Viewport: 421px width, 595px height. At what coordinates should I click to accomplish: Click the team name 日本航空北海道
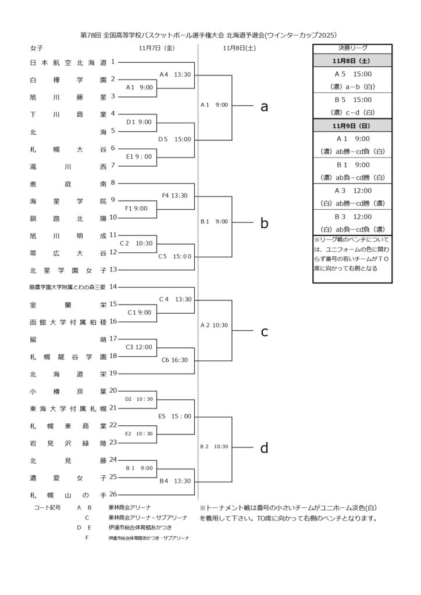point(67,62)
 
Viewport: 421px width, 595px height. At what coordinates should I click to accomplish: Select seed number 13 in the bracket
point(113,270)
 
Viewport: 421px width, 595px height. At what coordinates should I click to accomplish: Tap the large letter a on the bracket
point(264,106)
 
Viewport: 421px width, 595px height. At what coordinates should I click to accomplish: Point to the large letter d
point(264,447)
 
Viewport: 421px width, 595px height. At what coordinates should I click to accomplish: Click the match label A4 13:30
point(176,74)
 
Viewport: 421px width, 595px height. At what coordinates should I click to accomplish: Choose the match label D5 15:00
point(174,139)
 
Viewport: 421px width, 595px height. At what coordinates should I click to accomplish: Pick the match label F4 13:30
point(175,195)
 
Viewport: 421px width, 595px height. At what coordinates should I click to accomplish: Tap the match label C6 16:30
point(175,360)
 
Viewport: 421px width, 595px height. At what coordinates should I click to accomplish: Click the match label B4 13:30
point(175,481)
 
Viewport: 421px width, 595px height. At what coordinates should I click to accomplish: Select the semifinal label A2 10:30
point(215,325)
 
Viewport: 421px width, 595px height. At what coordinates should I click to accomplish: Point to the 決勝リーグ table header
point(352,48)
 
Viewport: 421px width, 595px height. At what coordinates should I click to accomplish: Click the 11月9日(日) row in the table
point(352,126)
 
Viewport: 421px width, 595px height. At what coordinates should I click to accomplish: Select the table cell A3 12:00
point(352,191)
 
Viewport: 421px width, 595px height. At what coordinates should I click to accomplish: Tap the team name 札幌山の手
point(67,494)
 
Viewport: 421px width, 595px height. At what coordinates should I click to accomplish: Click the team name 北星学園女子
point(67,270)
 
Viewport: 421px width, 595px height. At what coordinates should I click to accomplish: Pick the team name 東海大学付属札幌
point(67,408)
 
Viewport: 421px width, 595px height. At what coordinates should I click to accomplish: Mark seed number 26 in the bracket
point(113,494)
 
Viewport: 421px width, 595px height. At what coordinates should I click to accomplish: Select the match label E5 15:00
point(174,416)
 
